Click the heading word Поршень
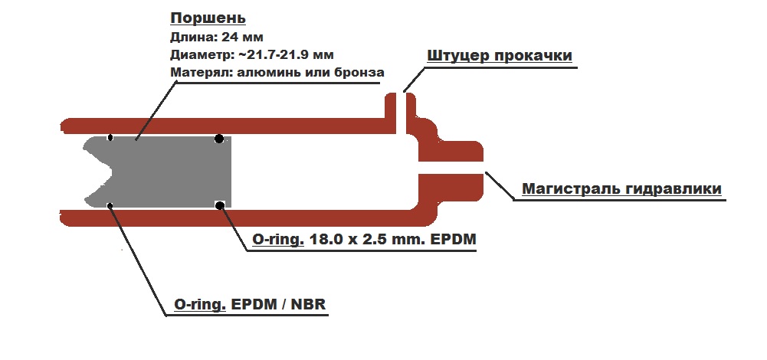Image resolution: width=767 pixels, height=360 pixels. click(x=198, y=18)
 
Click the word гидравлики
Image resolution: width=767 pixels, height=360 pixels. click(x=674, y=188)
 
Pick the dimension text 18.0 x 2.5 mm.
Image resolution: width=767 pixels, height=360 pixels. click(x=369, y=241)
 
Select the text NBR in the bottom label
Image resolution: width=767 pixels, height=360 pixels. click(x=311, y=305)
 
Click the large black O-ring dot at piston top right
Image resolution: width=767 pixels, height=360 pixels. click(x=219, y=139)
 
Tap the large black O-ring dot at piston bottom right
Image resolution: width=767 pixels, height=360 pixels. click(x=220, y=205)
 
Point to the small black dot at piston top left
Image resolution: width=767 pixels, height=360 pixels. click(x=110, y=138)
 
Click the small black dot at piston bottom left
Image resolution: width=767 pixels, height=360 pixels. click(x=110, y=205)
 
